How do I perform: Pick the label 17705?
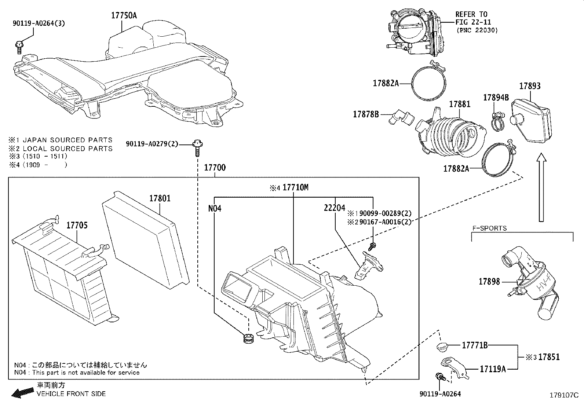pos(77,225)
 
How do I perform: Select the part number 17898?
pos(489,282)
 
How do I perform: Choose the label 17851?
pos(549,357)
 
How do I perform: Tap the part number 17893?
pos(530,86)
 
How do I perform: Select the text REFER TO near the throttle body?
pos(471,14)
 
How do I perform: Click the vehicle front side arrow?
pos(21,393)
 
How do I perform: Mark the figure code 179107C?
pos(563,395)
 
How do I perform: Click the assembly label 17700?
pos(215,168)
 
